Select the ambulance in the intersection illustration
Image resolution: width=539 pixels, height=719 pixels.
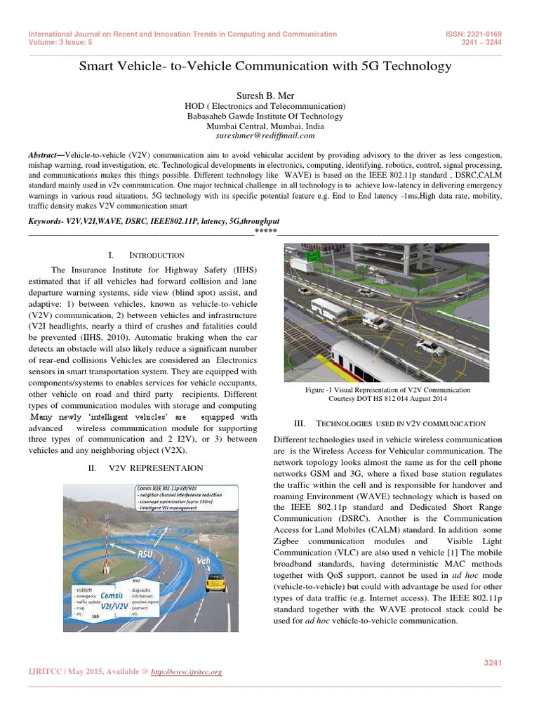coord(373,322)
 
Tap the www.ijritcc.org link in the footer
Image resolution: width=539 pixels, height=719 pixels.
coord(187,672)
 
